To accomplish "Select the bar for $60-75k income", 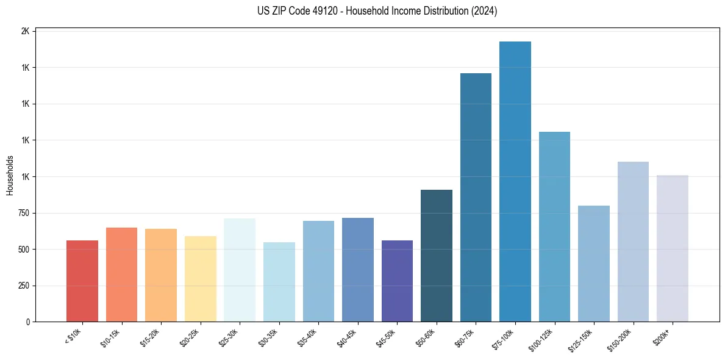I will pos(476,198).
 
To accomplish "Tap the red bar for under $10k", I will pos(82,281).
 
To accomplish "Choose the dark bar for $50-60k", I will pos(437,256).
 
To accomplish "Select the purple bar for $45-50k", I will pos(397,281).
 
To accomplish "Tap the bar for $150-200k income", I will pos(633,242).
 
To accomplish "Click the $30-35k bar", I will pos(279,282).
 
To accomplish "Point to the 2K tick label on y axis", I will pos(26,31).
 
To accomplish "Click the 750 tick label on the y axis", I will pos(23,213).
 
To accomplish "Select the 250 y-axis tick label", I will pos(23,286).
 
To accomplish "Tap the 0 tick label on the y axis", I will pos(28,322).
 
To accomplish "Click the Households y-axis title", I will pos(10,176).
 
